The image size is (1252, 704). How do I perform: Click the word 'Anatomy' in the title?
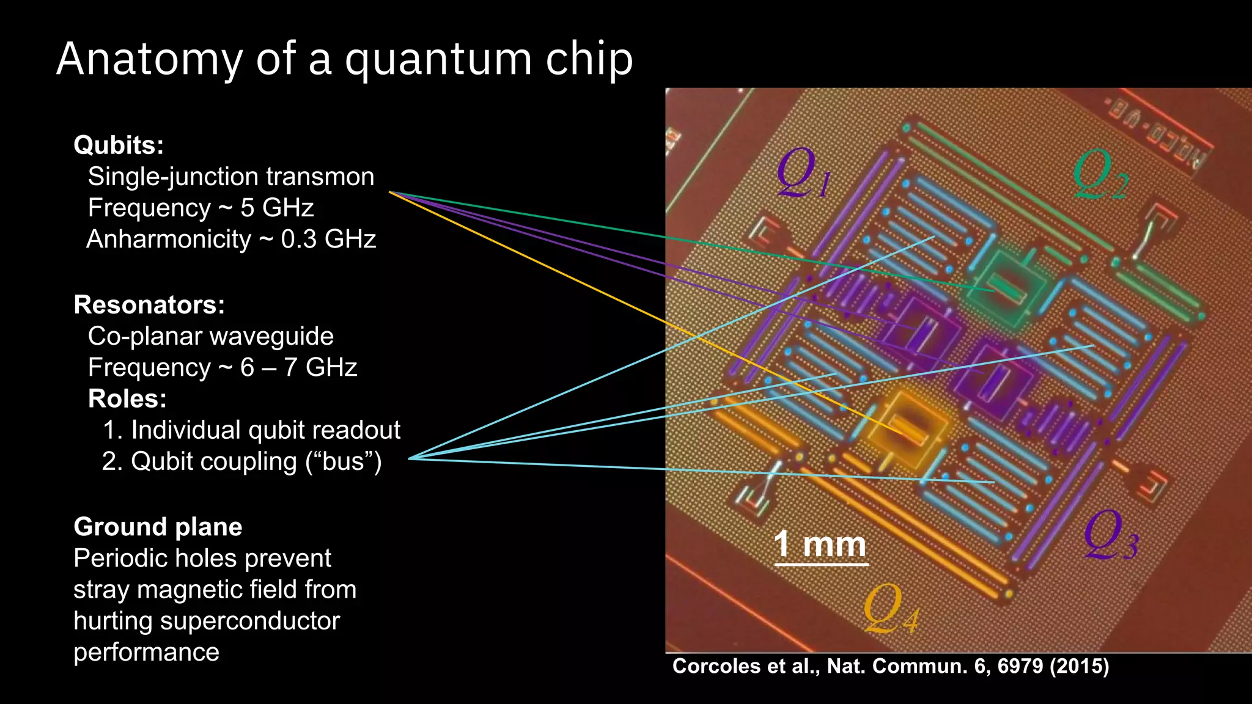point(149,60)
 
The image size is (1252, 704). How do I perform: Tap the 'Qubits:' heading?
point(119,145)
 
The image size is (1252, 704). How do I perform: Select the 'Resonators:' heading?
point(149,304)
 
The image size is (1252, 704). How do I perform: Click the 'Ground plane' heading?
point(158,527)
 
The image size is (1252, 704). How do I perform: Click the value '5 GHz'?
point(277,208)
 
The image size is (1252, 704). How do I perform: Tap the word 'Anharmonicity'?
point(169,239)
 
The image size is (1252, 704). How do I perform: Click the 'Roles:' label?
point(127,398)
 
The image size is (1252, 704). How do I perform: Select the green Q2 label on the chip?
point(1100,174)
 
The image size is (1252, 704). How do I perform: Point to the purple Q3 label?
point(1110,535)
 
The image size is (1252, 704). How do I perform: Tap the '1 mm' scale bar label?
point(820,544)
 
